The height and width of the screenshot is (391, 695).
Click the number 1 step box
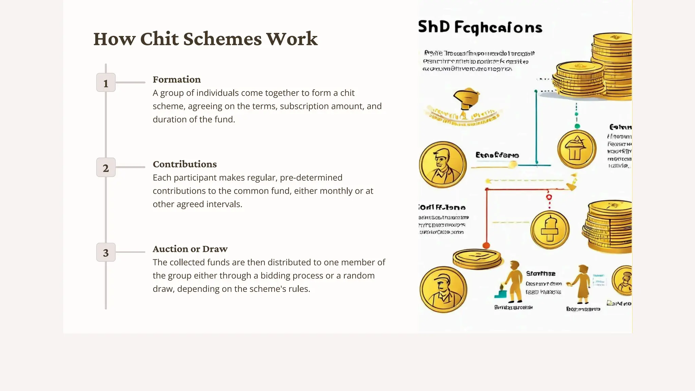coord(106,82)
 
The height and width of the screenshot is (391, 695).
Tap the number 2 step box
coord(106,167)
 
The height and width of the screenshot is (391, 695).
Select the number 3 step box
coord(106,252)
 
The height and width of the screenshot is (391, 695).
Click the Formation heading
coord(176,79)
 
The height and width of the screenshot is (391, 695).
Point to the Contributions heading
coord(185,164)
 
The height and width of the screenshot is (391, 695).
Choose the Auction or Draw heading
coord(190,249)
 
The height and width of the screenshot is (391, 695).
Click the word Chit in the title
coord(159,39)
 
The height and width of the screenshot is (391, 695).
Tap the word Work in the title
coord(292,39)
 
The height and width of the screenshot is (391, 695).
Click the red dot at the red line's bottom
coord(486,245)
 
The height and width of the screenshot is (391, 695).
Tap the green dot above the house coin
coord(577,126)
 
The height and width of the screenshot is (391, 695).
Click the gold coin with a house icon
coord(577,149)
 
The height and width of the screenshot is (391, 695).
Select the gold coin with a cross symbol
coord(550,230)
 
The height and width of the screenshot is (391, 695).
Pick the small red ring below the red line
coord(549,197)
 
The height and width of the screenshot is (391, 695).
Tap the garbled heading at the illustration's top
coord(480,27)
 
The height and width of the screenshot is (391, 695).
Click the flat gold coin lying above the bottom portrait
coord(477,259)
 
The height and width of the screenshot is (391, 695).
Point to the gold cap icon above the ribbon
coord(466,98)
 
